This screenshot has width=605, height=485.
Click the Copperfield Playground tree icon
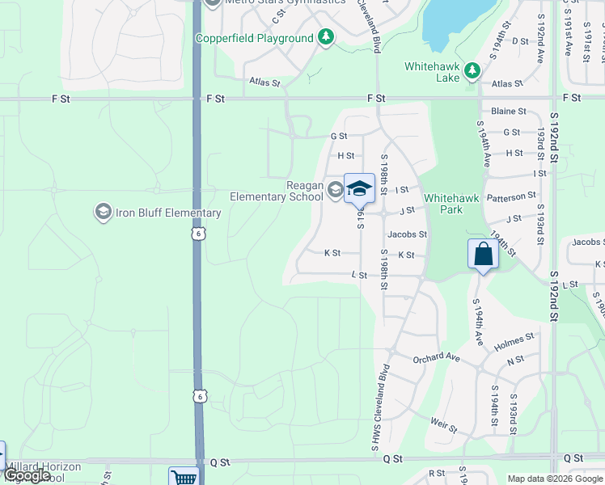[325, 38]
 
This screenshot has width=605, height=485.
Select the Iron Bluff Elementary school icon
[103, 213]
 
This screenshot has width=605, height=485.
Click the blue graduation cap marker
[359, 189]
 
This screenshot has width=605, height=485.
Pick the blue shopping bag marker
[482, 254]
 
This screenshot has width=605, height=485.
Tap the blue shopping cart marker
[184, 478]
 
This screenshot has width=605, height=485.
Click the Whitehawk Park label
[443, 204]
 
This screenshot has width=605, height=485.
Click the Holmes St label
[514, 341]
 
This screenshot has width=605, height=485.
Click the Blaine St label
[509, 112]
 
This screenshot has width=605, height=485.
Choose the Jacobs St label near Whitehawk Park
[406, 234]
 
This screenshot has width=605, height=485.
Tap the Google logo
[27, 475]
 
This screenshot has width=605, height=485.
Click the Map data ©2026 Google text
[554, 479]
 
